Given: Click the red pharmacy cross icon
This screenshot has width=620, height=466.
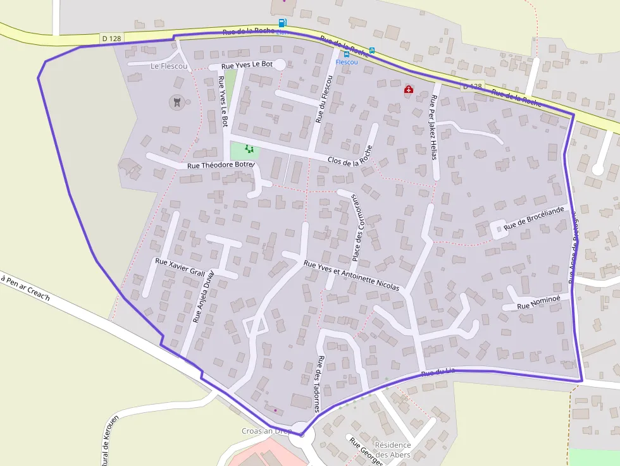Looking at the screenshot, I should point(409,90).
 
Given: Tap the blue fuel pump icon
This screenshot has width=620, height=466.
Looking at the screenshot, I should point(282,23).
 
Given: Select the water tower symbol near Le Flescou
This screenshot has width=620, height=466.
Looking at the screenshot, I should point(177,101).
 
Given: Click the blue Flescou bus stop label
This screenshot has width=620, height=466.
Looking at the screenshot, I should point(347,62).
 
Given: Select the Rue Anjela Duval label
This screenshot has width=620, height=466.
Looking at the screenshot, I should point(204,297).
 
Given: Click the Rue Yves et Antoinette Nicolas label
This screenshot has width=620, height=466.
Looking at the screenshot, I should point(351,276).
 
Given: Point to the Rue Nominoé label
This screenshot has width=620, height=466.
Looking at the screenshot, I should point(538,304).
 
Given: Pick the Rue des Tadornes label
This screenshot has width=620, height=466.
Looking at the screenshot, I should point(318,383).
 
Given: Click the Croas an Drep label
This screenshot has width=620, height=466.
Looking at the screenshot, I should point(266,431).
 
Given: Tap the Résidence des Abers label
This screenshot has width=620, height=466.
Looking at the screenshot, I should point(393,450).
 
